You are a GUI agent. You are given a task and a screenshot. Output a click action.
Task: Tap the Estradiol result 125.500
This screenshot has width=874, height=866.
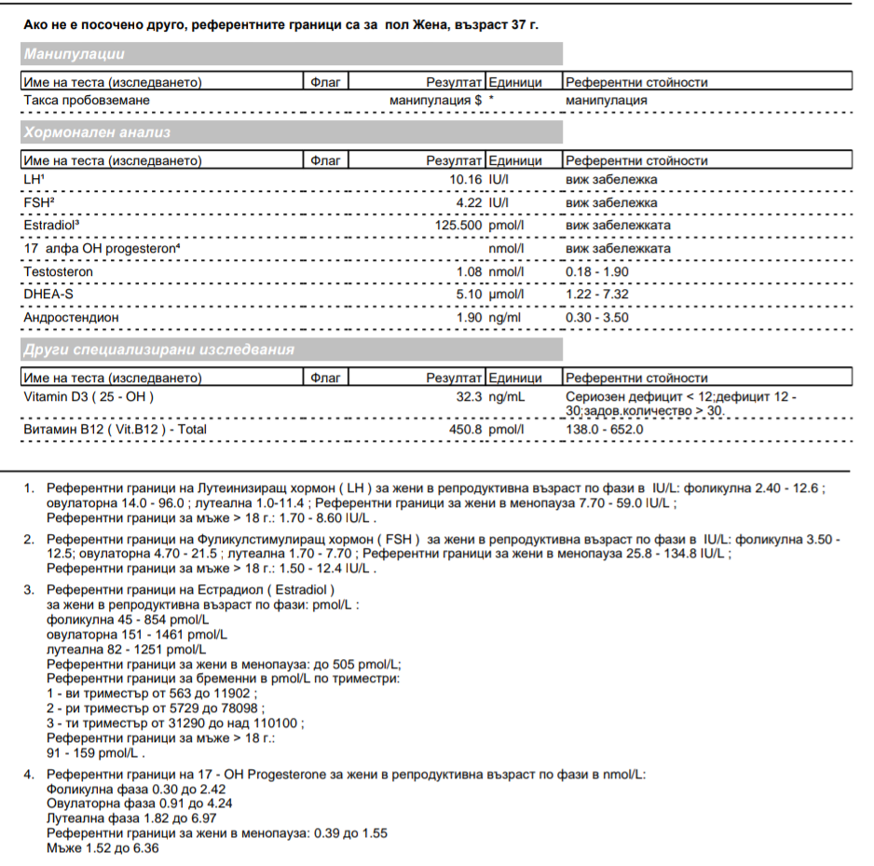458,226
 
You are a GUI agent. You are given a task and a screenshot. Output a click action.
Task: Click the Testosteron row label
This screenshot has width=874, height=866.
59,271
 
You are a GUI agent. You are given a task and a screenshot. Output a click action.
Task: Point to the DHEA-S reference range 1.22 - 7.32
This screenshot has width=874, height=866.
596,295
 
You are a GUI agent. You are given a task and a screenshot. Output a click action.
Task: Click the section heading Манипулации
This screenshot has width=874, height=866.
75,54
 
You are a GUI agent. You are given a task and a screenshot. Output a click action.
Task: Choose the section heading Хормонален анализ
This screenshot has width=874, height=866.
97,132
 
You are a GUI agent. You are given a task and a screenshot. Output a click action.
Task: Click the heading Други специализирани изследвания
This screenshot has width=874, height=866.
159,351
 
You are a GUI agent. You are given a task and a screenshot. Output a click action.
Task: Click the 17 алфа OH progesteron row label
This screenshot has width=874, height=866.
102,249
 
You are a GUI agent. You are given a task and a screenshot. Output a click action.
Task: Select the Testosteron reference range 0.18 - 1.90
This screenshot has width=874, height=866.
596,271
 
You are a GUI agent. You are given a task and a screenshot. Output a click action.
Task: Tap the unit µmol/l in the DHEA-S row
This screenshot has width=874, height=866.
507,295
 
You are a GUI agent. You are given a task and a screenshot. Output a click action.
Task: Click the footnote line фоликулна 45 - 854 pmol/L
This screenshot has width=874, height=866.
128,619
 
